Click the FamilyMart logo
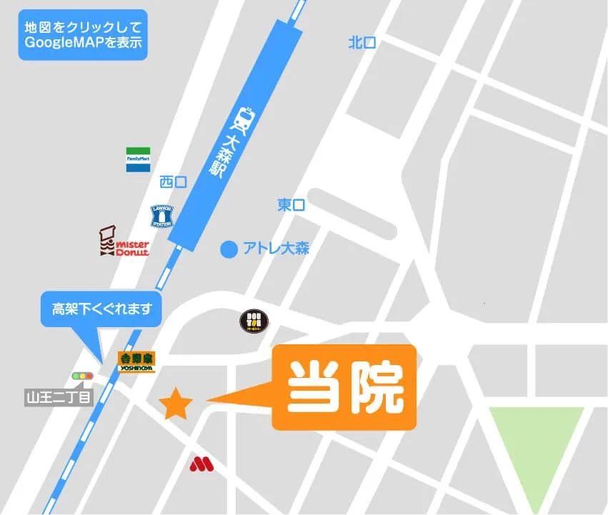pos(139,159)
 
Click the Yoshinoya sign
pos(136,362)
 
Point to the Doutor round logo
pos(255,322)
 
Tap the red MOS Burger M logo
pos(202,464)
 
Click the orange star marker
pos(176,404)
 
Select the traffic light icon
pos(83,376)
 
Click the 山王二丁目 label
pos(59,396)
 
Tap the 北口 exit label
pos(362,43)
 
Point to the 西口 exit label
pos(174,182)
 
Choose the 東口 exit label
pos(291,205)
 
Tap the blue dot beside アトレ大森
pos(228,249)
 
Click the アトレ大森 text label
pos(276,249)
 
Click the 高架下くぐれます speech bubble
pos(101,309)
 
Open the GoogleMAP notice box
pos(83,34)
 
